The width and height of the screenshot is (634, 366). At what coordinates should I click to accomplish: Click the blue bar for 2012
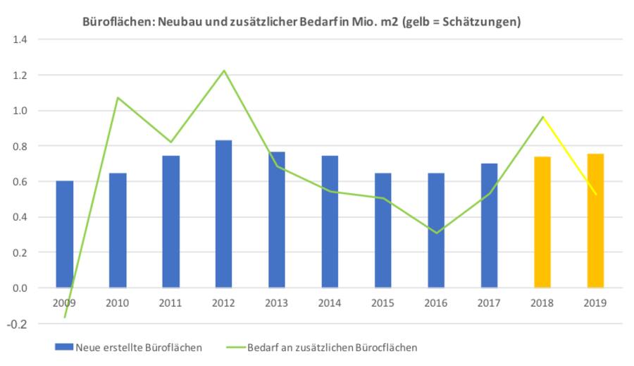click(223, 214)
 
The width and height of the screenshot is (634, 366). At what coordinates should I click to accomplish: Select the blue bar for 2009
click(65, 234)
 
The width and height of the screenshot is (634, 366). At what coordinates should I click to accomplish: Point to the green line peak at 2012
click(223, 71)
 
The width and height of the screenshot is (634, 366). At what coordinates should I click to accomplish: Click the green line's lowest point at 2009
click(65, 317)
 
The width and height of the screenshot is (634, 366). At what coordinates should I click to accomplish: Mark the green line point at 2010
click(118, 97)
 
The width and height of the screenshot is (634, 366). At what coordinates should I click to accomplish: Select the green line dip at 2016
click(436, 233)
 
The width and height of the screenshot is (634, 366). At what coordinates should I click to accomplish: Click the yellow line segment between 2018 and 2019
click(568, 155)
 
